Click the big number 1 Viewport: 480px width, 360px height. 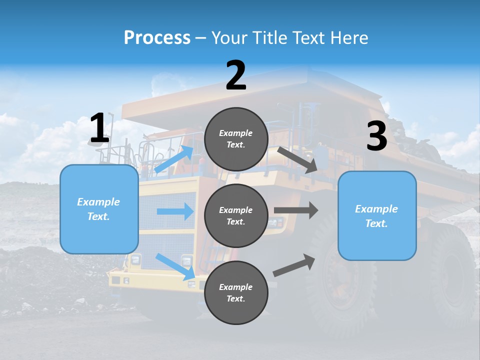click(99, 128)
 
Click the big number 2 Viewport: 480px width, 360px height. click(236, 75)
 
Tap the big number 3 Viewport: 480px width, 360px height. click(377, 136)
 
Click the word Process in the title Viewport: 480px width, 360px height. click(157, 37)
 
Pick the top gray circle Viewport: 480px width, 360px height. click(236, 139)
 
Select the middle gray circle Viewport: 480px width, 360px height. click(236, 215)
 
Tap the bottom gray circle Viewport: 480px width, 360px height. click(236, 292)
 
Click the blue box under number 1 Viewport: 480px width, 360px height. click(99, 209)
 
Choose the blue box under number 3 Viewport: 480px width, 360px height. click(377, 215)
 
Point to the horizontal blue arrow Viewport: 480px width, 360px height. click(175, 211)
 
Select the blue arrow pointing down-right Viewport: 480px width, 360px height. click(175, 266)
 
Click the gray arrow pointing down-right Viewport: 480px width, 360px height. click(298, 160)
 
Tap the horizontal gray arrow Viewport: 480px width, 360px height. click(295, 210)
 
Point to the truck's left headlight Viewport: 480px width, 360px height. click(135, 259)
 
